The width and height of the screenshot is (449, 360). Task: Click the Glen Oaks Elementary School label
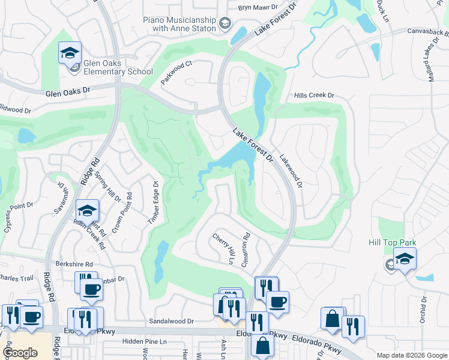pos(119,67)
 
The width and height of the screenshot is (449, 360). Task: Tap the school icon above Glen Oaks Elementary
pos(70,52)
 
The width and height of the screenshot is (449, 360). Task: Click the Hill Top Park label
pos(392,242)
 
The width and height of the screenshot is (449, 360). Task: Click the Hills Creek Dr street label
pos(313,95)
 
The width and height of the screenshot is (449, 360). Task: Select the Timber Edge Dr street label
pos(153,204)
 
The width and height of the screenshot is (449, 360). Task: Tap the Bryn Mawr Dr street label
pos(258,8)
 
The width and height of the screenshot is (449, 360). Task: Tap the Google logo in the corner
pos(20,352)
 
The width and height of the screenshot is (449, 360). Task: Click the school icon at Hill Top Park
pos(405,259)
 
